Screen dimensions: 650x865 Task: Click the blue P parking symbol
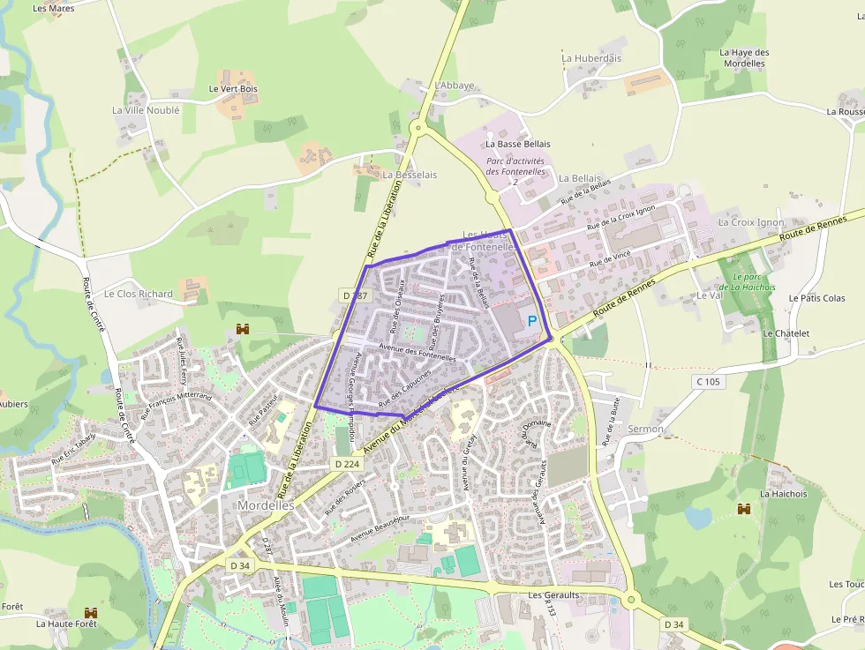[x=532, y=322]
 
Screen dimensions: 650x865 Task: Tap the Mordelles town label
[x=266, y=505]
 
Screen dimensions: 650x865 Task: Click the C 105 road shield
[x=708, y=382]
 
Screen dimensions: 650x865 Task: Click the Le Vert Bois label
[x=233, y=89]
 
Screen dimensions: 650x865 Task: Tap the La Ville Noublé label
[x=146, y=110]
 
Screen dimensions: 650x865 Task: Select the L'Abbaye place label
[x=455, y=86]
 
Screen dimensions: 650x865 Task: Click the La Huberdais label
[x=591, y=58]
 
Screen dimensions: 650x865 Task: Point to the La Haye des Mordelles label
[x=744, y=58]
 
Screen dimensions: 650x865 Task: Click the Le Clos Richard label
[x=139, y=294]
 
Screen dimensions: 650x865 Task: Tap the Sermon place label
[x=622, y=429]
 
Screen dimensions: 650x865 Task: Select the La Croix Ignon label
[x=750, y=222]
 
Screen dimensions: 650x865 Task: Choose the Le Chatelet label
[x=786, y=333]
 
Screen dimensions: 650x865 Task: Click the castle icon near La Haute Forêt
[x=89, y=612]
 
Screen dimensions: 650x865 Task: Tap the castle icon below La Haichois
[x=744, y=510]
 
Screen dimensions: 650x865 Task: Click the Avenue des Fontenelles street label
[x=417, y=352]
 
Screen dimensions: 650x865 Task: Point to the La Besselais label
[x=410, y=175]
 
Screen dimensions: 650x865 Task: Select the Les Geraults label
[x=553, y=595]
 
